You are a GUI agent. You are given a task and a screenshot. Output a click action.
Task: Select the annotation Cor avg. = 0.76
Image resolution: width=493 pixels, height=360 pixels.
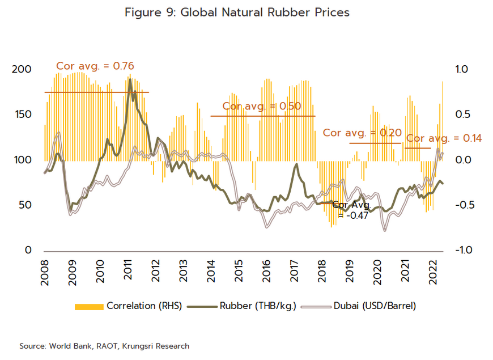coord(95,66)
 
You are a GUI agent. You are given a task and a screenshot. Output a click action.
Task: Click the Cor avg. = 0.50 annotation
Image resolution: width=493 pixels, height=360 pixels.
coord(261,106)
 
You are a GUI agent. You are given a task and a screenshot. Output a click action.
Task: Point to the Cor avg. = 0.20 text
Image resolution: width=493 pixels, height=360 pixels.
coord(362,133)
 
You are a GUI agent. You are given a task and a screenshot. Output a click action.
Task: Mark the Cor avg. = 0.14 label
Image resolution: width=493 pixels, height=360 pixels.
coord(444,138)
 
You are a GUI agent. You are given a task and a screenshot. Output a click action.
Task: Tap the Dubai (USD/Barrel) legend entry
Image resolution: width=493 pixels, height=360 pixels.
coord(359,306)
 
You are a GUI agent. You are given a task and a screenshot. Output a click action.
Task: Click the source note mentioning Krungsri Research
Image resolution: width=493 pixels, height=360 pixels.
coord(104,346)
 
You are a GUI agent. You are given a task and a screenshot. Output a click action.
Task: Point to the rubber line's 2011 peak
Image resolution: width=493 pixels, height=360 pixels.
coord(130,79)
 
